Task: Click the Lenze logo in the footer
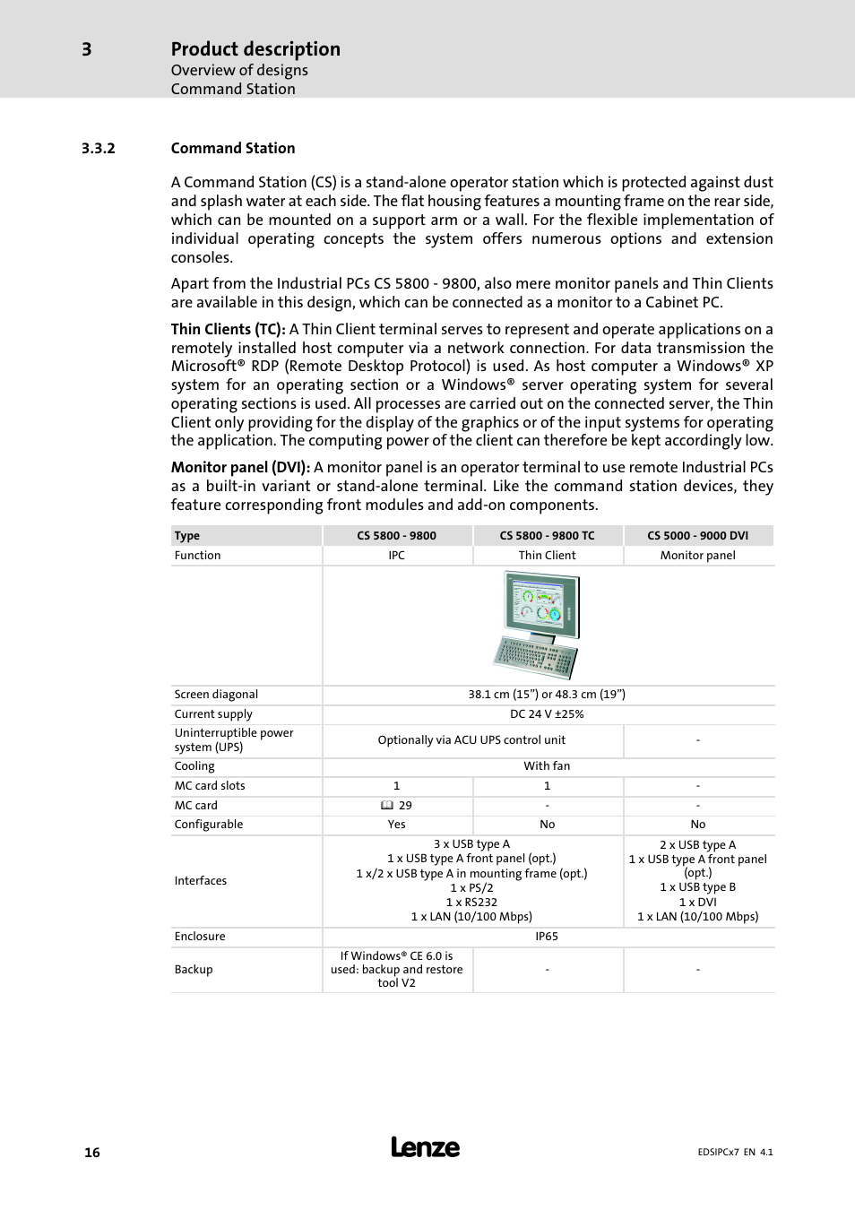pyautogui.click(x=425, y=1147)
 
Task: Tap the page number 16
pyautogui.click(x=92, y=1153)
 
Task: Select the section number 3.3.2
pyautogui.click(x=99, y=149)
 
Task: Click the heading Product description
pyautogui.click(x=255, y=49)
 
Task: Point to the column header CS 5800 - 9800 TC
pyautogui.click(x=547, y=536)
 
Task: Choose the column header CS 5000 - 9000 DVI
pyautogui.click(x=697, y=536)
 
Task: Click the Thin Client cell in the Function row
pyautogui.click(x=547, y=556)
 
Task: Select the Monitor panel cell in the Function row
pyautogui.click(x=697, y=556)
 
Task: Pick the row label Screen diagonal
pyautogui.click(x=216, y=695)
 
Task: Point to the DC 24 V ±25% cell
pyautogui.click(x=547, y=714)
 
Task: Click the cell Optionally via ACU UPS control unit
pyautogui.click(x=471, y=740)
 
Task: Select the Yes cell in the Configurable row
pyautogui.click(x=396, y=825)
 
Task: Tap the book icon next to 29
pyautogui.click(x=387, y=806)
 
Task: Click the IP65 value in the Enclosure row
pyautogui.click(x=547, y=937)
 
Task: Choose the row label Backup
pyautogui.click(x=194, y=970)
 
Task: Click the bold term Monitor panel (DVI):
pyautogui.click(x=240, y=468)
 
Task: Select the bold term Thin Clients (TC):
pyautogui.click(x=228, y=330)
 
